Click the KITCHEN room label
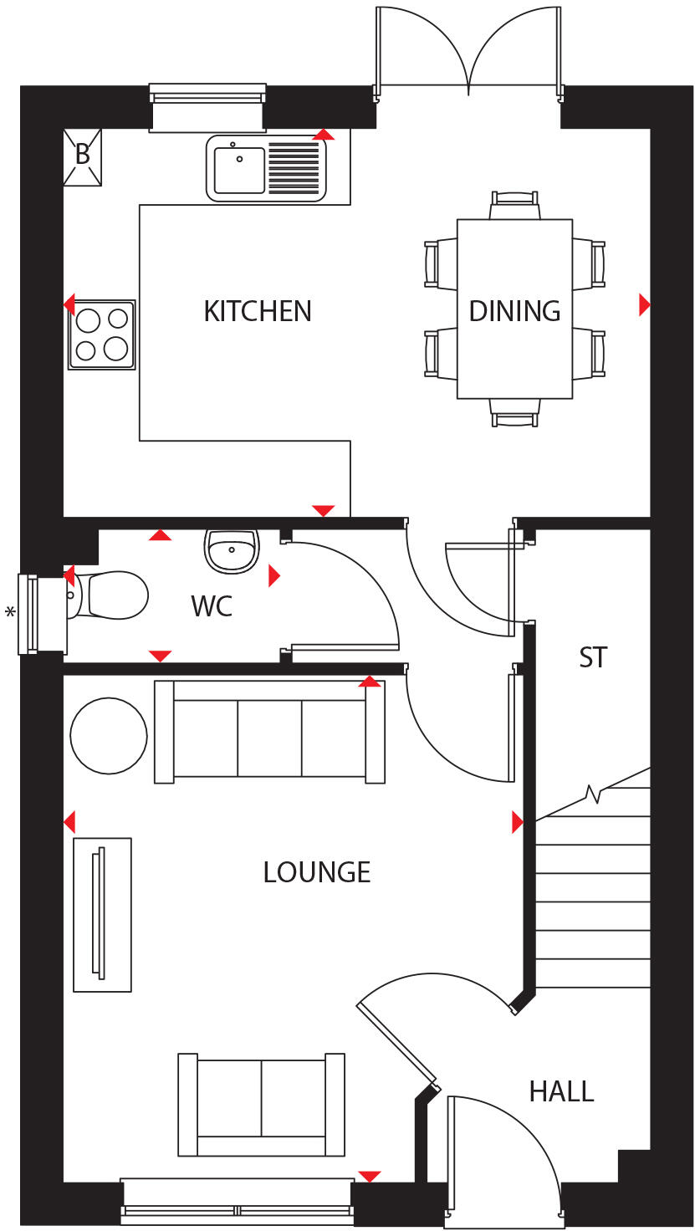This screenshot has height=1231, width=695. [x=258, y=311]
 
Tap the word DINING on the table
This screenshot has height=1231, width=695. [x=514, y=311]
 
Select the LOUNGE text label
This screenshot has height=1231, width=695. [x=316, y=872]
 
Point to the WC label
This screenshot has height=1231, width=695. [x=212, y=606]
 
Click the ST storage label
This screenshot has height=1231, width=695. [x=593, y=657]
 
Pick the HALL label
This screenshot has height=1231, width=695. [x=561, y=1091]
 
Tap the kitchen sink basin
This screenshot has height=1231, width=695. [x=239, y=170]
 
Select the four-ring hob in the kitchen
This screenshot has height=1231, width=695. [x=101, y=334]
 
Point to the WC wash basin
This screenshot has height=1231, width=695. [x=231, y=551]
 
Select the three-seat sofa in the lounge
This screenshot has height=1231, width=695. [x=269, y=733]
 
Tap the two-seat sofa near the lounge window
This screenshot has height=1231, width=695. [x=261, y=1104]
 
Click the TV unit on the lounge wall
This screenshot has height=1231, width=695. [x=102, y=914]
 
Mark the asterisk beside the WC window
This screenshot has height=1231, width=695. [x=10, y=613]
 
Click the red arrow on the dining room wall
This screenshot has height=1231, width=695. [x=644, y=304]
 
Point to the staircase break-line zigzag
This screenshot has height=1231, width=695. [x=595, y=792]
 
